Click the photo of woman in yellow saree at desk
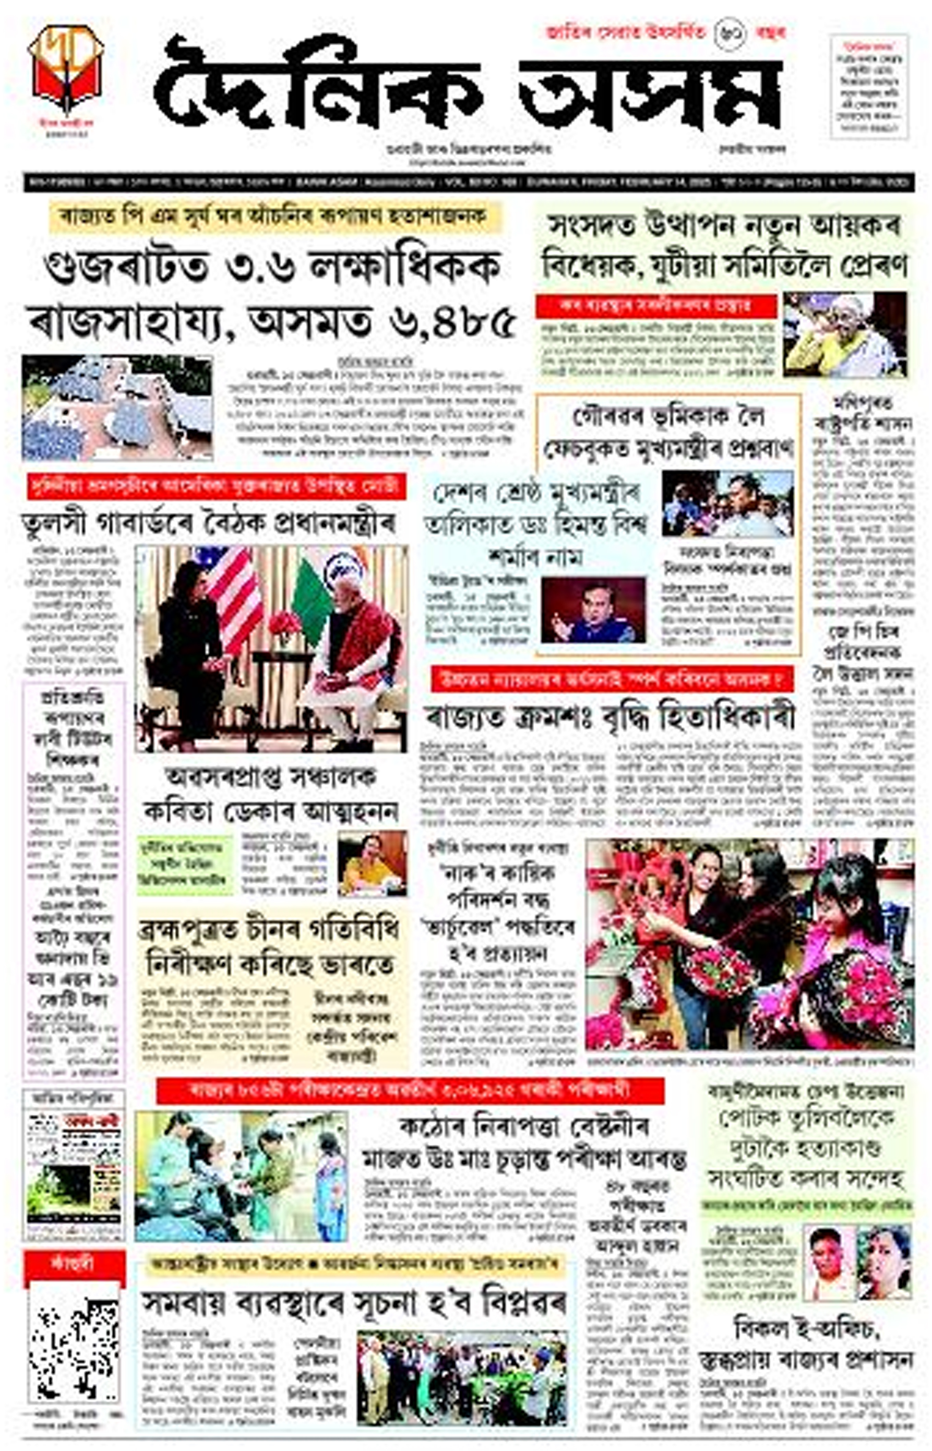click(x=372, y=863)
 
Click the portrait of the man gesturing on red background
click(x=593, y=609)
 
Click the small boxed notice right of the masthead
click(x=868, y=87)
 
